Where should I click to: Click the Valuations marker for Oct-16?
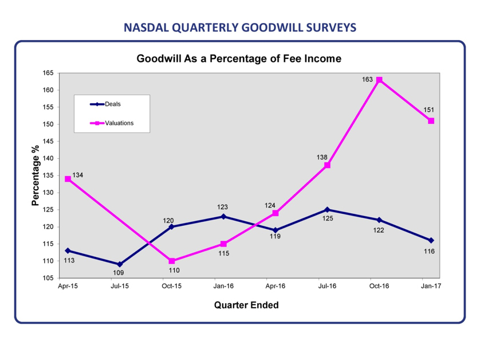pyautogui.click(x=379, y=80)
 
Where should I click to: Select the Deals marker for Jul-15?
pyautogui.click(x=120, y=264)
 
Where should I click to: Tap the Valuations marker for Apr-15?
pyautogui.click(x=68, y=179)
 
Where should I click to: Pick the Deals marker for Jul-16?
pyautogui.click(x=327, y=210)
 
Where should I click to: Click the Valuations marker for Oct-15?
pyautogui.click(x=172, y=261)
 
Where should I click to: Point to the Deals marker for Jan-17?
pyautogui.click(x=431, y=241)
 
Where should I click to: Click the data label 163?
pyautogui.click(x=367, y=80)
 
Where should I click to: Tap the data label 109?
pyautogui.click(x=119, y=273)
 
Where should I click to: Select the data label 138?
pyautogui.click(x=322, y=158)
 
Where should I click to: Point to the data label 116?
pyautogui.click(x=429, y=251)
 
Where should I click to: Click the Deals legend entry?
pyautogui.click(x=105, y=104)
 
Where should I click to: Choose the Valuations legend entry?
pyautogui.click(x=112, y=123)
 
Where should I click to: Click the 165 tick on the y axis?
pyautogui.click(x=48, y=73)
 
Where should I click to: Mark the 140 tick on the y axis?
pyautogui.click(x=48, y=158)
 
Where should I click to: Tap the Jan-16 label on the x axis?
pyautogui.click(x=223, y=286)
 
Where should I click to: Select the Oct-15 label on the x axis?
pyautogui.click(x=172, y=286)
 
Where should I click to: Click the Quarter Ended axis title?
pyautogui.click(x=246, y=305)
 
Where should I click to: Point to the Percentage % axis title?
pyautogui.click(x=36, y=175)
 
